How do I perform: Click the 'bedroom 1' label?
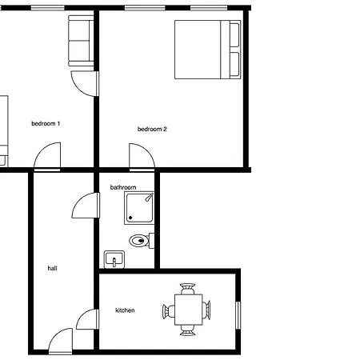point(46,123)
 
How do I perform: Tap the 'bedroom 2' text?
point(152,129)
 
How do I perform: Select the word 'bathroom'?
point(123,187)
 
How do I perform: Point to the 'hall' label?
point(52,268)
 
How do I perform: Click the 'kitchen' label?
point(125,310)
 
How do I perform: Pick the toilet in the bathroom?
point(142,241)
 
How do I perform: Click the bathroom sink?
point(114,259)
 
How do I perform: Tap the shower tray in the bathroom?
point(139,208)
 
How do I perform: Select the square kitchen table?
point(189,310)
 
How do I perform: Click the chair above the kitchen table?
point(188,289)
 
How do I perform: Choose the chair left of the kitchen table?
point(169,311)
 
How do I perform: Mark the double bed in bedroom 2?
point(208,50)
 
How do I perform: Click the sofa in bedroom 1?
point(81,41)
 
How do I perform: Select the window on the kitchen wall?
point(238,315)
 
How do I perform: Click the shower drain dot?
point(130,218)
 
